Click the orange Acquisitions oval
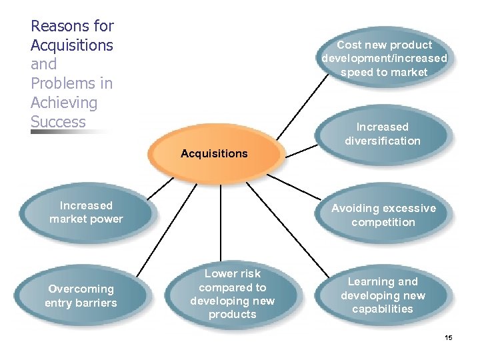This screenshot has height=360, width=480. (214, 154)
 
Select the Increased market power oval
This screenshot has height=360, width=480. (86, 213)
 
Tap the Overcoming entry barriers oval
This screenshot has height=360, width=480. (81, 296)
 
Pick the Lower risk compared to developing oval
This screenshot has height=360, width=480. (232, 294)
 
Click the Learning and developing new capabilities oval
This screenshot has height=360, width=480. (383, 295)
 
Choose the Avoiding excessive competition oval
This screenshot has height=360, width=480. (383, 215)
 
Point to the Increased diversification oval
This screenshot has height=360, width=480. (383, 134)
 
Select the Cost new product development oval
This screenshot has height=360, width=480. (384, 59)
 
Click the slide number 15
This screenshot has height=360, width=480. (449, 338)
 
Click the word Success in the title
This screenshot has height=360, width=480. (58, 122)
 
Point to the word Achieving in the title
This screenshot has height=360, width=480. (64, 103)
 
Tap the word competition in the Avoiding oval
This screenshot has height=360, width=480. (383, 223)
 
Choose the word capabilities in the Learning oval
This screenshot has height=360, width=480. (383, 309)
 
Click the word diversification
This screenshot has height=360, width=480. (383, 141)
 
